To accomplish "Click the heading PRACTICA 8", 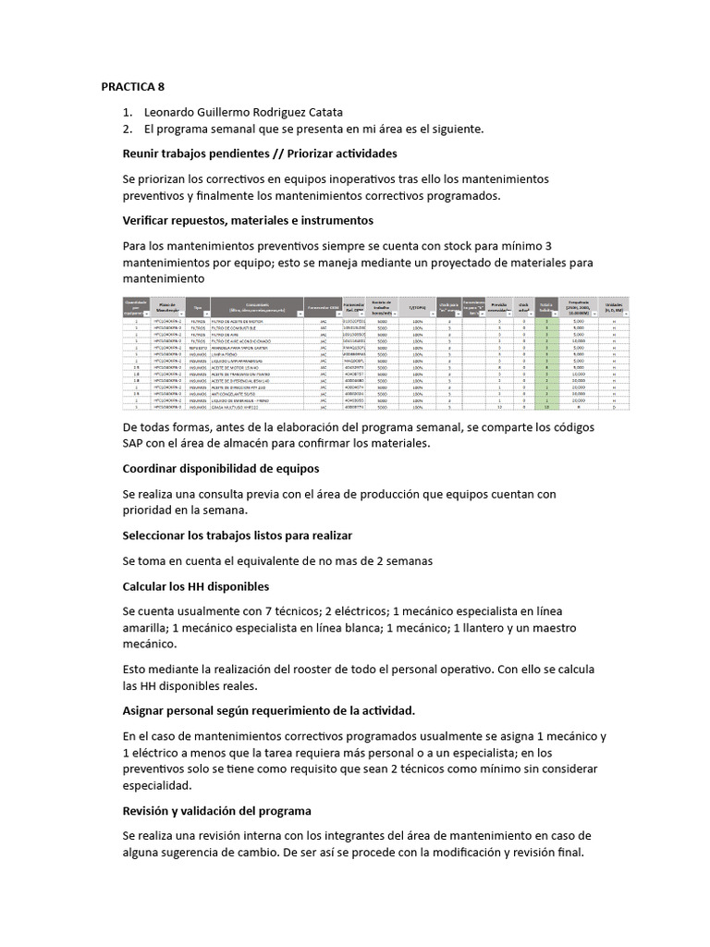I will tap(132, 88).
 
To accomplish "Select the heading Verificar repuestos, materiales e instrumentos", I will tap(248, 221).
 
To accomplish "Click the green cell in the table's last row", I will tap(546, 406).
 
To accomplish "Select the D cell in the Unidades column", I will tap(613, 406).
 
